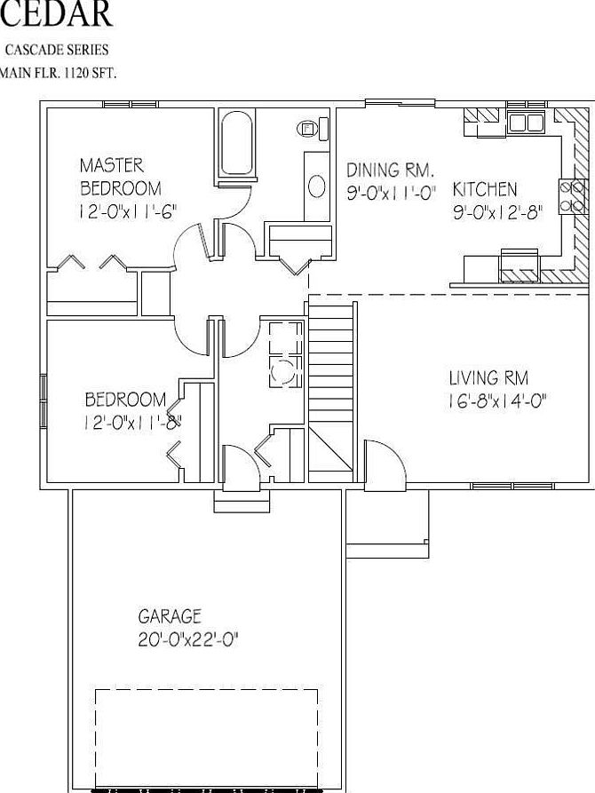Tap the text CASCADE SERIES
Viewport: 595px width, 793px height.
57,51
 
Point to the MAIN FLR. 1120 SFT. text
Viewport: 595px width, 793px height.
57,73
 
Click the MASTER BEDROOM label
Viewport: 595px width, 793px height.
120,177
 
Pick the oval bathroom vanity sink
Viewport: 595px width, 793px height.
317,186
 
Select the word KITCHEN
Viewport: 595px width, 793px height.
485,189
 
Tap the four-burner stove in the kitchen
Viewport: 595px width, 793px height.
572,196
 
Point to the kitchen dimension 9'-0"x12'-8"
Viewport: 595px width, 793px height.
497,212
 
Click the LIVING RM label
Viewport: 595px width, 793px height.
488,378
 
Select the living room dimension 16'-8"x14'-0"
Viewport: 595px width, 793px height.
497,400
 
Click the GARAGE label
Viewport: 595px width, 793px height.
170,615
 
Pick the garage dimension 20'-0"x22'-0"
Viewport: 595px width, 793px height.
189,638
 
